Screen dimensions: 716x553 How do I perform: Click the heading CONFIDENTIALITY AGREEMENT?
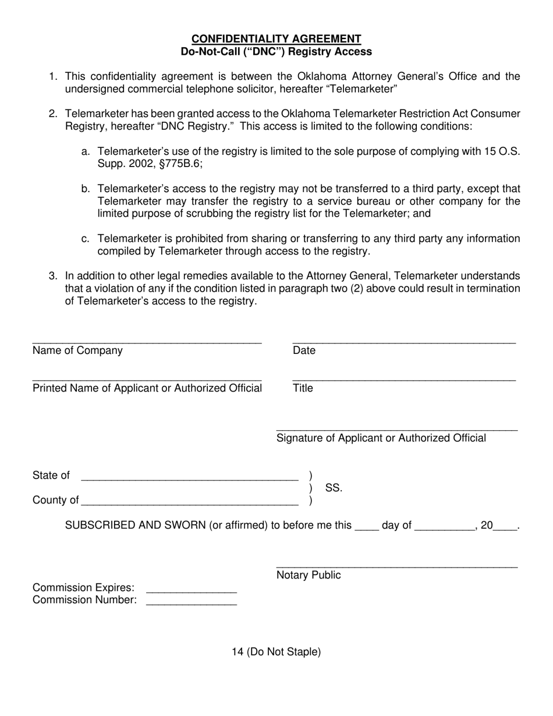pos(276,38)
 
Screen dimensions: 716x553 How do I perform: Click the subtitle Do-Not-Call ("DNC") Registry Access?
pos(276,51)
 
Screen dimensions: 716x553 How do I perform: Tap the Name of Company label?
pos(77,350)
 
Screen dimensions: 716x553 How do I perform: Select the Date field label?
pos(304,350)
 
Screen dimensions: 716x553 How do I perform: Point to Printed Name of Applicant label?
pos(147,388)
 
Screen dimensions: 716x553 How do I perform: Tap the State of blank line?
pos(190,480)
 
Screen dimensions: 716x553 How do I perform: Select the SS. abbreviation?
pos(334,488)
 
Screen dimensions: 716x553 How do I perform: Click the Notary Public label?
pos(309,575)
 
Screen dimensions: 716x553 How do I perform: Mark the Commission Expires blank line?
pos(192,591)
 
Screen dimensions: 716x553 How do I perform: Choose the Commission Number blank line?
pos(192,604)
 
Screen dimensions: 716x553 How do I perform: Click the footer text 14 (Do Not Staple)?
pos(276,652)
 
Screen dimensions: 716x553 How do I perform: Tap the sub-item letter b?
pos(86,189)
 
